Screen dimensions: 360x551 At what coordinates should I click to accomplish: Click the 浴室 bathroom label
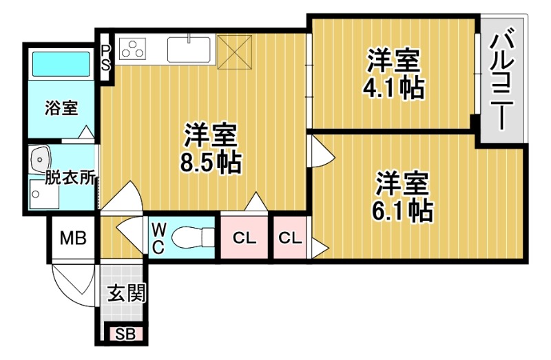click(x=61, y=108)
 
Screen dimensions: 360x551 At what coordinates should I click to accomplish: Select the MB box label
click(x=72, y=238)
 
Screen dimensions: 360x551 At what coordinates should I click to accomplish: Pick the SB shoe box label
click(x=125, y=335)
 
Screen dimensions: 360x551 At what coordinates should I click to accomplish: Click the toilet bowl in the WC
click(x=191, y=239)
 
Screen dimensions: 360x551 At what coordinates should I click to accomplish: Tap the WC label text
click(x=158, y=238)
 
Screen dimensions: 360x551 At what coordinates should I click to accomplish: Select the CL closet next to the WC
click(x=244, y=239)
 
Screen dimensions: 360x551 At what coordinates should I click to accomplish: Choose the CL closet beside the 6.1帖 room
click(x=290, y=239)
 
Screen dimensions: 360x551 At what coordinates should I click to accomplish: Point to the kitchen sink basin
click(x=189, y=50)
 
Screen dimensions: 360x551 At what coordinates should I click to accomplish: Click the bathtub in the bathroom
click(x=61, y=65)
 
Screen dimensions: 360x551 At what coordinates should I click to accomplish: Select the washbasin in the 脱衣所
click(x=41, y=160)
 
